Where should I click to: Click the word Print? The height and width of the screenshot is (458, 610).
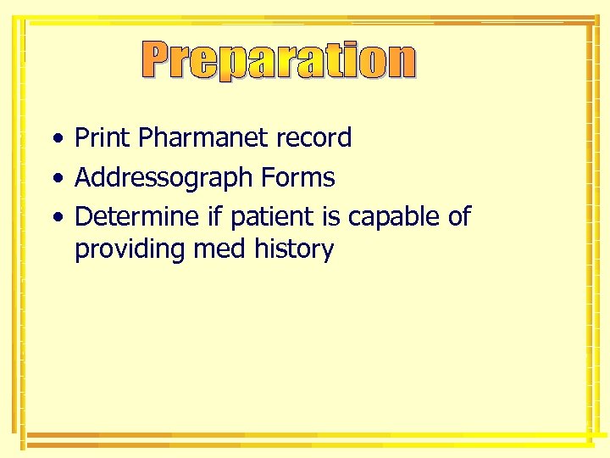[103, 137]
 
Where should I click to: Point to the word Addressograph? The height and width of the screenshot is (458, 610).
[164, 178]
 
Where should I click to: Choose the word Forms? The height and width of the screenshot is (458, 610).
[297, 178]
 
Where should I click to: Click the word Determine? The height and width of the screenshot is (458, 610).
[137, 217]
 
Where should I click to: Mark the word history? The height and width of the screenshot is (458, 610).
[292, 250]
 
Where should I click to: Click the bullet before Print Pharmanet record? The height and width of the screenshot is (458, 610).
[55, 138]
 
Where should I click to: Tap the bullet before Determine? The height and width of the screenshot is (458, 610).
[55, 218]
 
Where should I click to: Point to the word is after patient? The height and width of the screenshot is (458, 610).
[330, 217]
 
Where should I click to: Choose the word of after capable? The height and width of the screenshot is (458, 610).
[457, 217]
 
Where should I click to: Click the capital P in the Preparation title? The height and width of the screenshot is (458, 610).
[159, 60]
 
